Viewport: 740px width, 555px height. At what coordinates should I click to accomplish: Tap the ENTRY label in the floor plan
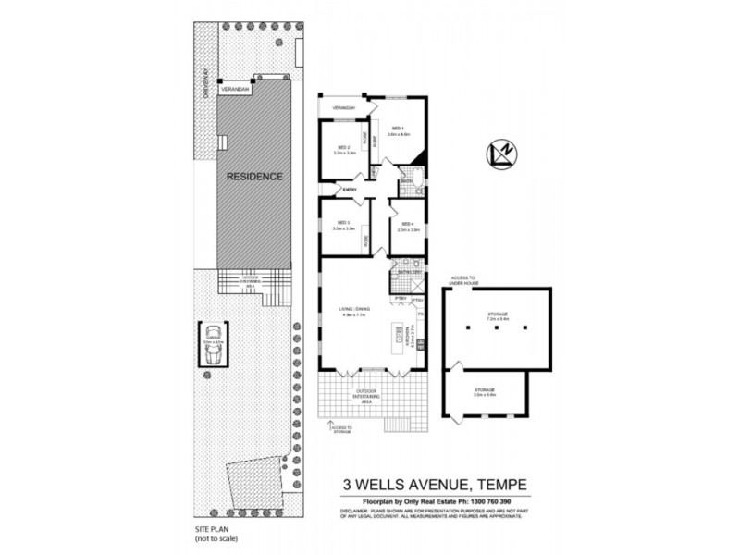pos(350,191)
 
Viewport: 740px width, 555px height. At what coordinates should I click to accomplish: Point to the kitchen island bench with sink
pos(401,332)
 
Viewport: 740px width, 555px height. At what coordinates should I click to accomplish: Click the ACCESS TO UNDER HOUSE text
pos(462,279)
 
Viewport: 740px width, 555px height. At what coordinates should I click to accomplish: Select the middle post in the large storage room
pos(496,327)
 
